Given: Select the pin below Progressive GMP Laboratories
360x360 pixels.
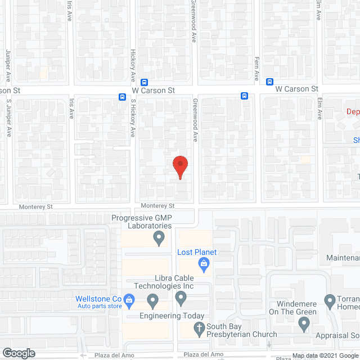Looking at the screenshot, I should [159, 240].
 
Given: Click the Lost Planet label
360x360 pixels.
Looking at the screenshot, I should [197, 252].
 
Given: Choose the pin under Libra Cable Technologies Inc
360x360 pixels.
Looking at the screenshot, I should [181, 296].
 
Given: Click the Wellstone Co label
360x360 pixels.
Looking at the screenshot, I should [98, 299].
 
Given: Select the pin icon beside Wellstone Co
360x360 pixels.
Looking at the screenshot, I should [129, 300].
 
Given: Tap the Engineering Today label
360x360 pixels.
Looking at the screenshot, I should [173, 316].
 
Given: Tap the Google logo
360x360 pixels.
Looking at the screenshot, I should [18, 353].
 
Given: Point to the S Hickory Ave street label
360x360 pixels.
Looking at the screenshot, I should [134, 119].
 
